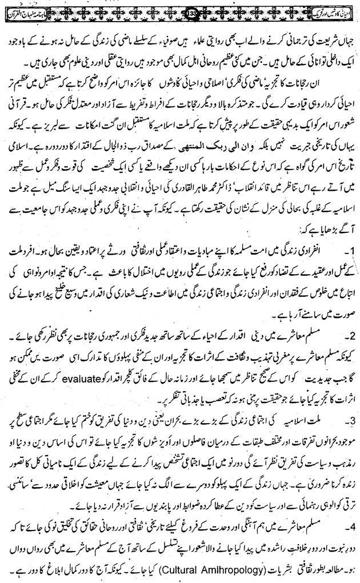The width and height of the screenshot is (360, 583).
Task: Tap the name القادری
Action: click(153, 187)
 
